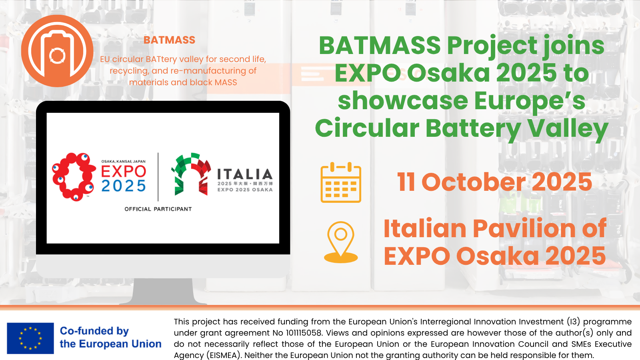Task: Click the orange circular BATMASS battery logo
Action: click(57, 51)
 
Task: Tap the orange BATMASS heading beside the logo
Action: click(169, 40)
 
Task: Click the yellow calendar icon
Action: click(341, 182)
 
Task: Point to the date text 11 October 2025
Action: click(494, 182)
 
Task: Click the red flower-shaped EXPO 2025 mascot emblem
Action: click(74, 177)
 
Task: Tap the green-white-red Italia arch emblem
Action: click(191, 174)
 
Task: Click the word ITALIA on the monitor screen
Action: click(245, 174)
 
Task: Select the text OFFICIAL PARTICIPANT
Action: click(158, 209)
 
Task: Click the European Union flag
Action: click(30, 338)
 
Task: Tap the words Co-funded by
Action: click(94, 331)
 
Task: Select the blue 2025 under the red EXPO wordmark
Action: click(124, 186)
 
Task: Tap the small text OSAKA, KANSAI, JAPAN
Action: click(124, 162)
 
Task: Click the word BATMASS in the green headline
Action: click(380, 46)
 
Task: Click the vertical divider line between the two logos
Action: click(158, 177)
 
